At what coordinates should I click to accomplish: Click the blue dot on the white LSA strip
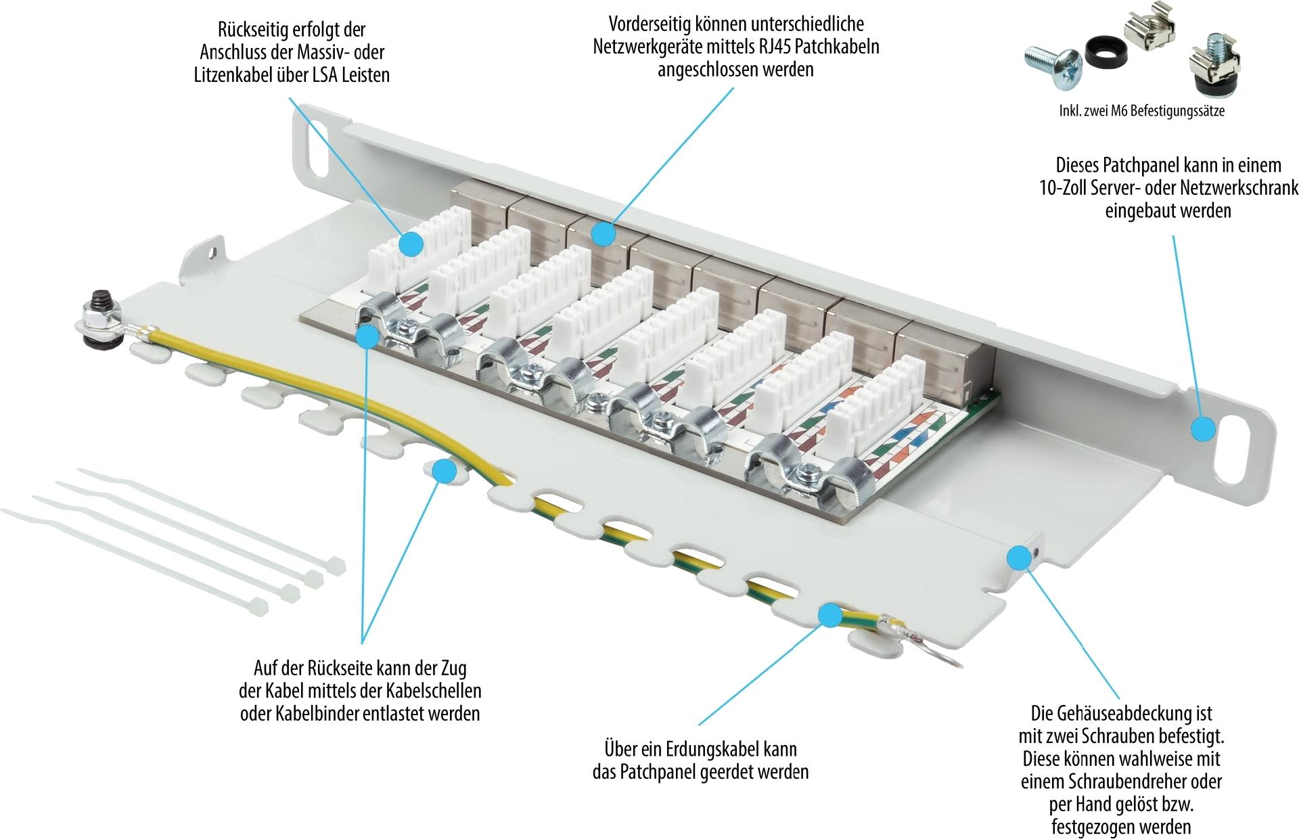tap(411, 243)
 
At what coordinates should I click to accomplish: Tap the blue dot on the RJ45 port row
tap(603, 234)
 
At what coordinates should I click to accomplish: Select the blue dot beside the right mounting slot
tap(1202, 429)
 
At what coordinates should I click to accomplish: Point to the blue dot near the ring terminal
tap(830, 615)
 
